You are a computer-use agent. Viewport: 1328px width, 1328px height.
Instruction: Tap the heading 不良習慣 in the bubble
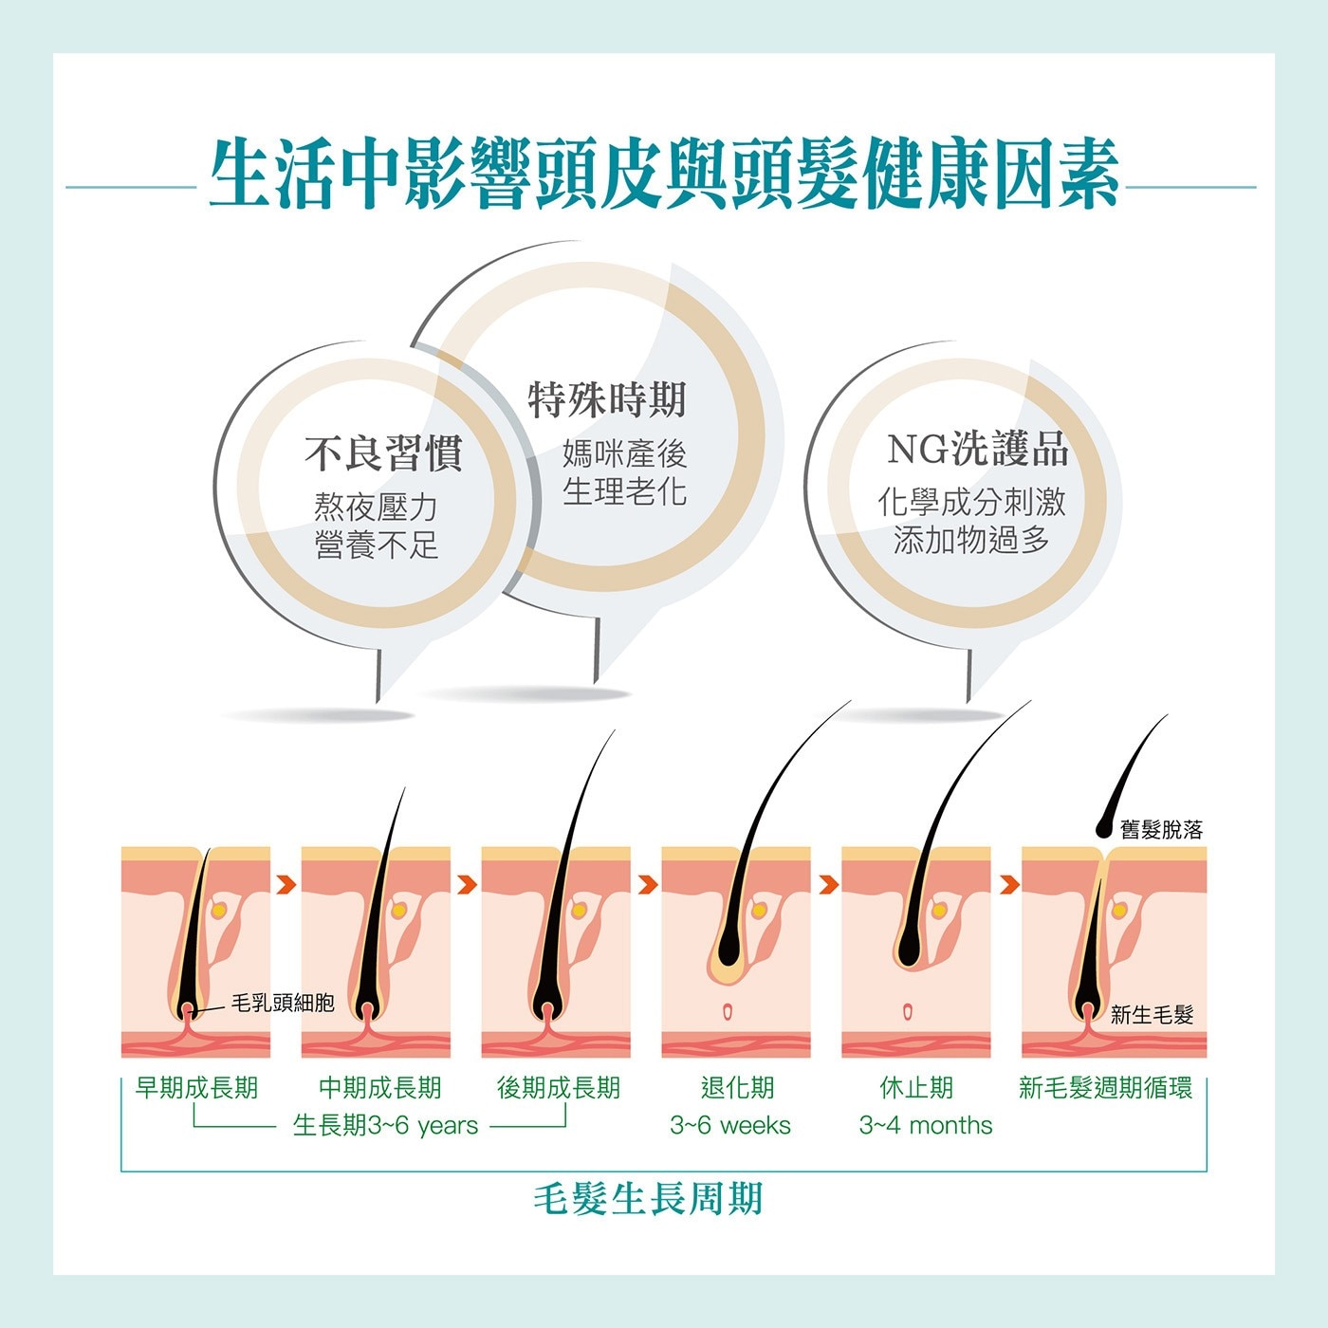point(383,453)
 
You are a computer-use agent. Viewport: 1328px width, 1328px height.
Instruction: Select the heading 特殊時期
point(607,399)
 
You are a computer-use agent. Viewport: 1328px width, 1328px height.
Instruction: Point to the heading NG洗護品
point(977,449)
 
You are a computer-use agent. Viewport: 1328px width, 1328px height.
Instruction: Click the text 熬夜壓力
point(376,507)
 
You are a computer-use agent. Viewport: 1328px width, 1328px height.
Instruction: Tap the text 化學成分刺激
point(971,502)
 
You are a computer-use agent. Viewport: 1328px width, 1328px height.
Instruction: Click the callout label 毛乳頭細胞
point(283,1003)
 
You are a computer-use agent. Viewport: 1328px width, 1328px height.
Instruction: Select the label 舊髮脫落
point(1162,829)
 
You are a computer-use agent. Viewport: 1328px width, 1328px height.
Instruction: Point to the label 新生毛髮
point(1152,1015)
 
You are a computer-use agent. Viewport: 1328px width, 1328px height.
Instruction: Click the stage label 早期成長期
point(196,1088)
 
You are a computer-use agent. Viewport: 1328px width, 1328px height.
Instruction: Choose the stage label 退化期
point(737,1088)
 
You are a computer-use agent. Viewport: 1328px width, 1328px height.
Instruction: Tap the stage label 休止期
point(916,1088)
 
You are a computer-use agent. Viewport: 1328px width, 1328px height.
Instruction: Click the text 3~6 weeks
point(730,1125)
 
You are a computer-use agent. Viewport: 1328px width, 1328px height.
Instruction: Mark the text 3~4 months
point(926,1125)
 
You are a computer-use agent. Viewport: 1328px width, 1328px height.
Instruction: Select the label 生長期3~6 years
point(385,1125)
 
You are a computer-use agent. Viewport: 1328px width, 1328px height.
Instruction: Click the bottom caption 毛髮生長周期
point(648,1199)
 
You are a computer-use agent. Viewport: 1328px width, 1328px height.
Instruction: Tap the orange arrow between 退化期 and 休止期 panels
point(828,884)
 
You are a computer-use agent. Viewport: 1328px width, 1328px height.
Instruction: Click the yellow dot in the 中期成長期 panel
point(398,911)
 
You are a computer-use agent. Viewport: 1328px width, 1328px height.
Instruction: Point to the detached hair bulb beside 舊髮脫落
point(1104,829)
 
